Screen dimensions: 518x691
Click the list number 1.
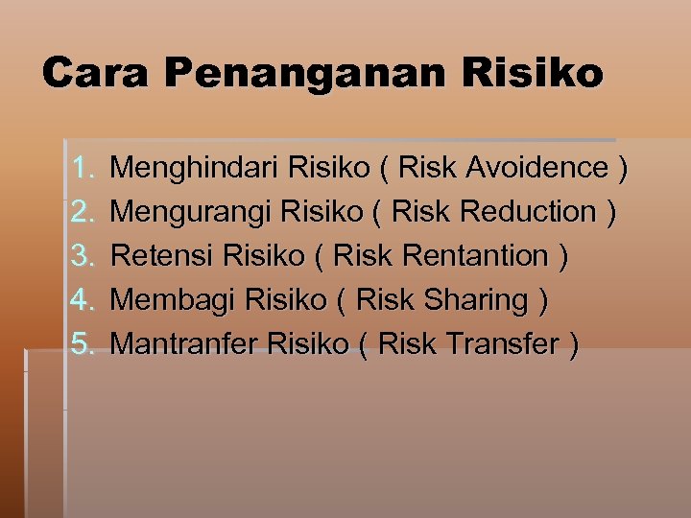pos(82,168)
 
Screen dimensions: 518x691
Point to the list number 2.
pos(82,212)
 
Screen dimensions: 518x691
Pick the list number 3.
pos(82,256)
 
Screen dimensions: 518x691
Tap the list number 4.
pos(82,300)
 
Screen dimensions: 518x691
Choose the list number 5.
pos(82,344)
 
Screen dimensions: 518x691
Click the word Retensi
pos(162,256)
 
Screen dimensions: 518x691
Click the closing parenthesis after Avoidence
pos(623,169)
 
